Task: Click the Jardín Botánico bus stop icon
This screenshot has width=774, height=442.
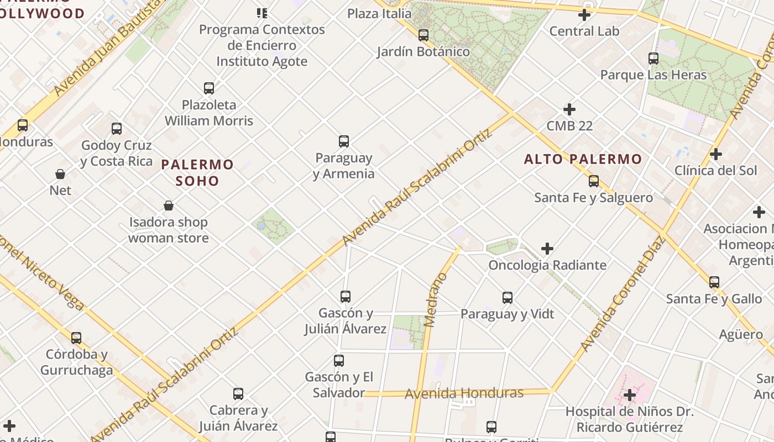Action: click(423, 35)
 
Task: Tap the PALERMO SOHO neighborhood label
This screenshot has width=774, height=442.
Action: click(197, 172)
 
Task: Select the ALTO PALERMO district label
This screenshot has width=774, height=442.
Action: click(583, 160)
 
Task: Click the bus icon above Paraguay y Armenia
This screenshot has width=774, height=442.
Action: click(344, 141)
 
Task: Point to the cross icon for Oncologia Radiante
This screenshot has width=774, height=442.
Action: click(547, 249)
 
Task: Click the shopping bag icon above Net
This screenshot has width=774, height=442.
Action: click(60, 174)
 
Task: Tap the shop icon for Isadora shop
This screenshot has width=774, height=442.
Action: click(169, 206)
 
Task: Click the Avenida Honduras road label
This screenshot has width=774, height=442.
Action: click(464, 393)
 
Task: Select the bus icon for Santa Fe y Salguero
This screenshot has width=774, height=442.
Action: click(594, 181)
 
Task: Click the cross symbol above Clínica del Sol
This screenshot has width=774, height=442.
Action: click(716, 154)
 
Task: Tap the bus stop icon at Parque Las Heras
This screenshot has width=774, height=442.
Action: click(653, 58)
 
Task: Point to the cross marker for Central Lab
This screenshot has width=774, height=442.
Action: click(584, 15)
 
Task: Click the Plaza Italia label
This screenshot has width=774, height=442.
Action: click(379, 13)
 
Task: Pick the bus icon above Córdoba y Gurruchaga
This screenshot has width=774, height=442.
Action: click(76, 338)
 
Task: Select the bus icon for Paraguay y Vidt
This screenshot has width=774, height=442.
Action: click(508, 298)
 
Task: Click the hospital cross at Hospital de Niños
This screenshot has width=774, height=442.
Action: click(630, 395)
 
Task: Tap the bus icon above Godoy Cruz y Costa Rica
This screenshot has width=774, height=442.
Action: click(117, 129)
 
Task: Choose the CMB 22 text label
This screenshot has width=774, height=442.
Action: click(569, 126)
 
